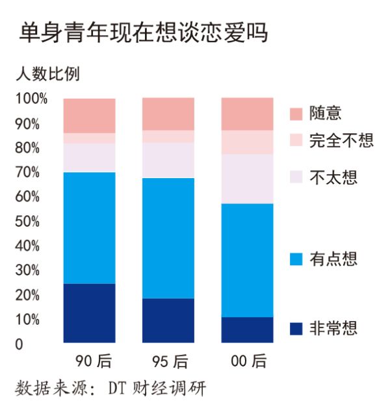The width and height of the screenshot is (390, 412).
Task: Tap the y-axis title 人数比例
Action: tap(47, 73)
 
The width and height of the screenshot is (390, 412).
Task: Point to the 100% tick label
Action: tap(32, 99)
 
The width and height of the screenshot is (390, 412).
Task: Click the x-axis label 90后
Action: tap(90, 361)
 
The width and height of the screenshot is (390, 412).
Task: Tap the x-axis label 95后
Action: tap(169, 361)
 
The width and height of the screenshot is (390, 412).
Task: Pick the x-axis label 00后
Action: tap(248, 361)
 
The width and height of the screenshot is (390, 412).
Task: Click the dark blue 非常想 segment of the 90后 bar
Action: tap(90, 313)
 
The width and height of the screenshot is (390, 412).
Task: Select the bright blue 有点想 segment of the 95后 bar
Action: tap(168, 238)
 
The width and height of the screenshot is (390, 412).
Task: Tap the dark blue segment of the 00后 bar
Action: tap(248, 329)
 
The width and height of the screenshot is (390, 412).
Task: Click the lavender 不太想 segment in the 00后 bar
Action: tap(248, 179)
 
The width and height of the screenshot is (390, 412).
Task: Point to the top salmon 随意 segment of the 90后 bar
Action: tap(90, 116)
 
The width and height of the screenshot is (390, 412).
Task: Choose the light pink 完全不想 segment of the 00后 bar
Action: tap(248, 142)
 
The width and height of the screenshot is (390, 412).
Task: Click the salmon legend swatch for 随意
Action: tap(296, 114)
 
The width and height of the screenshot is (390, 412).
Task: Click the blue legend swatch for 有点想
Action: tap(296, 260)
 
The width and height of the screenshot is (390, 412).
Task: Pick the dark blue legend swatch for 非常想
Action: tap(296, 329)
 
